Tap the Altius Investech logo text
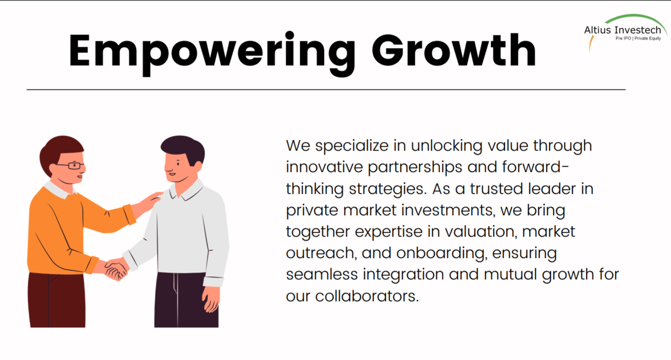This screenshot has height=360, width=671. click(622, 30)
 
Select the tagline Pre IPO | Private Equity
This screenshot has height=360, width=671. click(638, 38)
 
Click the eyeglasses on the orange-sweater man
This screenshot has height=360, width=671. click(72, 165)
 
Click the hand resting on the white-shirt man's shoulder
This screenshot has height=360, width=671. click(150, 202)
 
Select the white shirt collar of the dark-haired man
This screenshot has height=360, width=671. click(186, 191)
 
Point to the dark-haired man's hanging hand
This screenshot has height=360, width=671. click(211, 299)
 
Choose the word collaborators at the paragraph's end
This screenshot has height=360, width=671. click(367, 296)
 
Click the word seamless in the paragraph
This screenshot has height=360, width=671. click(322, 275)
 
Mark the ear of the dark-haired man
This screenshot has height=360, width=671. click(198, 166)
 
